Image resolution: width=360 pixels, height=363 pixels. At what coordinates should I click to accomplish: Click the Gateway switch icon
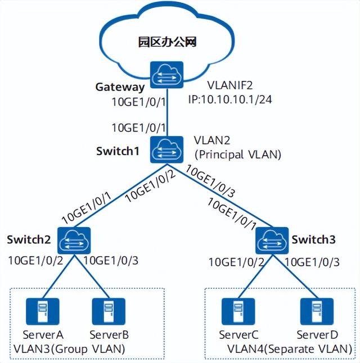(166, 75)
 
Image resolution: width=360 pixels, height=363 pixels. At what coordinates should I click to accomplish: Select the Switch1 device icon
(166, 149)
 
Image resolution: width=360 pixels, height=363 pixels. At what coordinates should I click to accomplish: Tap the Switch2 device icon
(74, 241)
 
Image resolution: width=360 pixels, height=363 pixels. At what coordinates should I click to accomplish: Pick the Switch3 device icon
(272, 241)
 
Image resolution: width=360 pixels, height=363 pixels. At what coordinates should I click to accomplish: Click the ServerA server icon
(43, 312)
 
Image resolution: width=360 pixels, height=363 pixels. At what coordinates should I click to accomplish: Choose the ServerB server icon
(109, 312)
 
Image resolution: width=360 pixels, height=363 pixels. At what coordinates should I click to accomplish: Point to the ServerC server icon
(238, 312)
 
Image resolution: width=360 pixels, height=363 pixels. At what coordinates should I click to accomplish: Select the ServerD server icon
(317, 312)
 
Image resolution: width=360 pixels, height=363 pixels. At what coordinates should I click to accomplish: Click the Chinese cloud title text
(168, 42)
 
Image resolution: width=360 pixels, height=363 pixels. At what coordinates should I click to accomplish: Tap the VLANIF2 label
(230, 85)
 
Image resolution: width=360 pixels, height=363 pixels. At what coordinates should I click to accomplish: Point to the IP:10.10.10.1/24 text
(230, 99)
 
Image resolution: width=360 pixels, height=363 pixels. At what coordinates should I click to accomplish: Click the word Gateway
(120, 88)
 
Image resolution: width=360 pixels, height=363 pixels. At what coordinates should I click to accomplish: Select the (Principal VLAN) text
(238, 155)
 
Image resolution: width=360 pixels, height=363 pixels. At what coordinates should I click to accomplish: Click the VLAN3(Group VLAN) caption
(69, 349)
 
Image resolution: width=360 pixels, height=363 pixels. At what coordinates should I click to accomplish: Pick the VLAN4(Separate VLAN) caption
(290, 349)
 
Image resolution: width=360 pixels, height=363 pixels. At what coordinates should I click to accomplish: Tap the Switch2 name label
(29, 239)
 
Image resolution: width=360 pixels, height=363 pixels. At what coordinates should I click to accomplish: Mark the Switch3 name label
(313, 239)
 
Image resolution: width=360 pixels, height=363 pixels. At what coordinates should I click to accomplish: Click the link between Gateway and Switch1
(166, 112)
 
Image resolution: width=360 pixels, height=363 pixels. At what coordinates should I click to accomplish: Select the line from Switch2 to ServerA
(58, 276)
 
